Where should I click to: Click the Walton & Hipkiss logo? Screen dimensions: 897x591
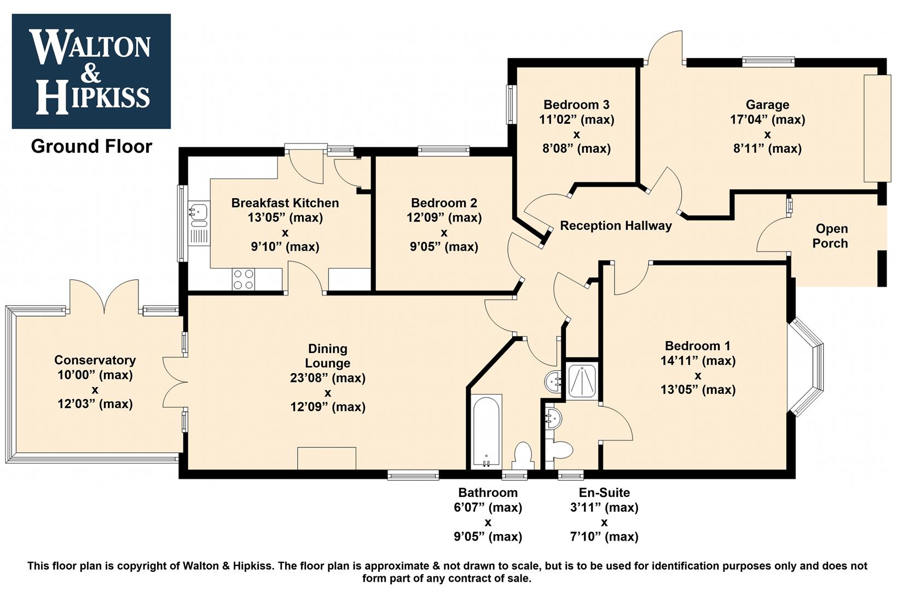click(x=91, y=71)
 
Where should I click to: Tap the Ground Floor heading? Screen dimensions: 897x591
click(x=91, y=147)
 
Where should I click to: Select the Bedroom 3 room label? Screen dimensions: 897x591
click(x=576, y=105)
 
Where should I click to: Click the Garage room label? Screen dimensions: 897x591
click(x=767, y=105)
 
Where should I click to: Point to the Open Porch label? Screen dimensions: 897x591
click(x=831, y=236)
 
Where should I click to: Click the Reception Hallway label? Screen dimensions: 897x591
click(x=616, y=225)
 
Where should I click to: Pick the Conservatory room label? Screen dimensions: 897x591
click(x=95, y=360)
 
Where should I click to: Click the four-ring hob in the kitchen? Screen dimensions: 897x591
click(x=244, y=280)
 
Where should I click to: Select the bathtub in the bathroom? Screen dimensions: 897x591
click(x=486, y=432)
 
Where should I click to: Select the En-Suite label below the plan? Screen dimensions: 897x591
click(x=604, y=493)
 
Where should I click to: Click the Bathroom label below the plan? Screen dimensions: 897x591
click(x=488, y=493)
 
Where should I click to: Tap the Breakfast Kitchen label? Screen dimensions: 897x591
click(x=285, y=203)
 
